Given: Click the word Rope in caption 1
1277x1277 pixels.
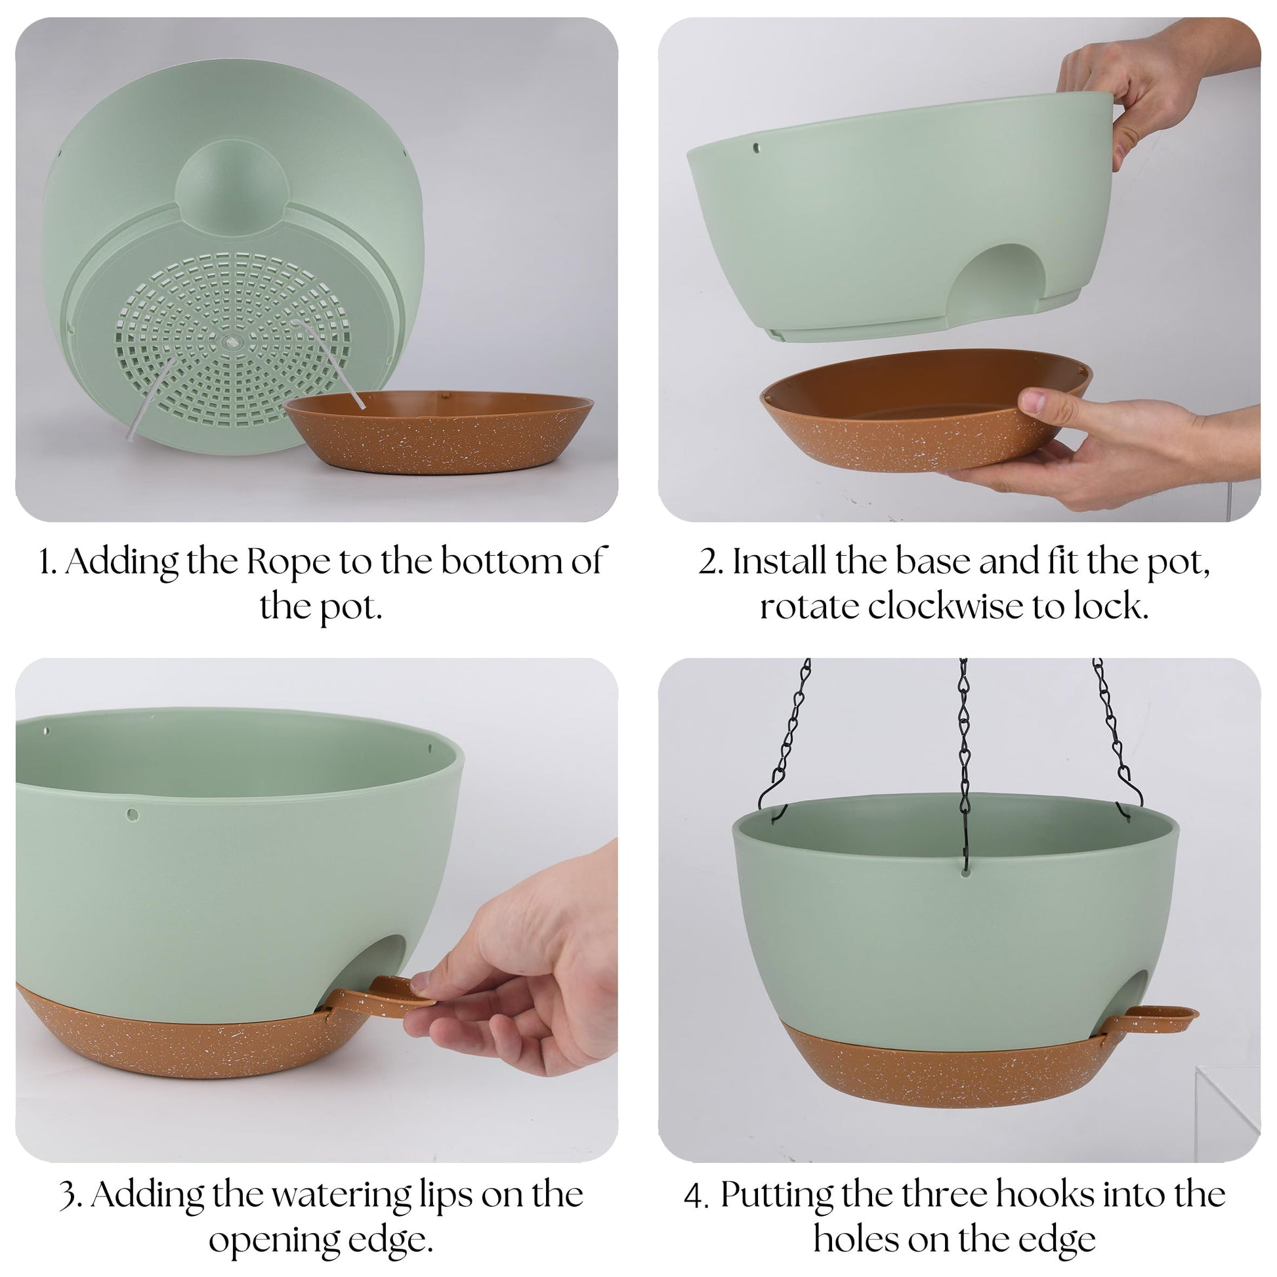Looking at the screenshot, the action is [x=289, y=562].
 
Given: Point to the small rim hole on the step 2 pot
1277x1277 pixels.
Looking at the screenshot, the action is [x=757, y=148].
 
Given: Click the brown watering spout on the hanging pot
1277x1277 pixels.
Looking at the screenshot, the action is [x=1151, y=1018].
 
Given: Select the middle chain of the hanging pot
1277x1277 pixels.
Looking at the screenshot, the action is [x=965, y=766].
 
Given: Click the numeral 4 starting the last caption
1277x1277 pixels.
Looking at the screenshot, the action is [x=694, y=1196].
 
